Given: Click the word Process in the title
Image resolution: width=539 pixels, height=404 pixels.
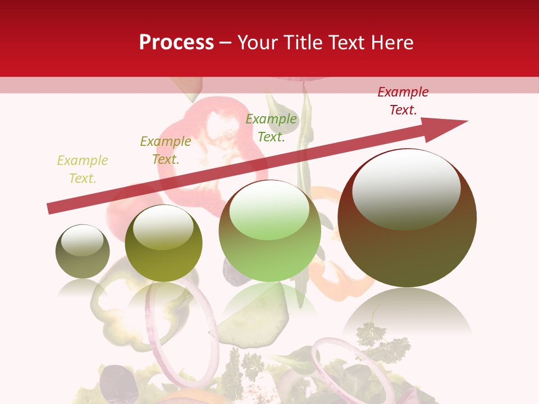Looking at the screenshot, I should (x=176, y=43).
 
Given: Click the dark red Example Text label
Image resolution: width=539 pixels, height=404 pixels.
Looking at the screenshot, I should (x=403, y=101).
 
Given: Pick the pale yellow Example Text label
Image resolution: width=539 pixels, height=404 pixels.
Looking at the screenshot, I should (x=83, y=169).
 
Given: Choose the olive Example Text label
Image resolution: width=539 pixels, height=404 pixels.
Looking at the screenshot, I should (x=166, y=150).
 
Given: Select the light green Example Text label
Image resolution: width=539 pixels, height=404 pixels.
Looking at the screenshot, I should (x=271, y=128).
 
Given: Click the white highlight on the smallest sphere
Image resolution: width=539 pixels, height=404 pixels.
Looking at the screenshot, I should (x=82, y=240).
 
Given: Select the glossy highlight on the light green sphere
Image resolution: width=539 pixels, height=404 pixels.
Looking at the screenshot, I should (x=269, y=210).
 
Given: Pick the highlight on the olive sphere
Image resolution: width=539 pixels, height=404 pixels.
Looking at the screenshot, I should (x=163, y=228).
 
